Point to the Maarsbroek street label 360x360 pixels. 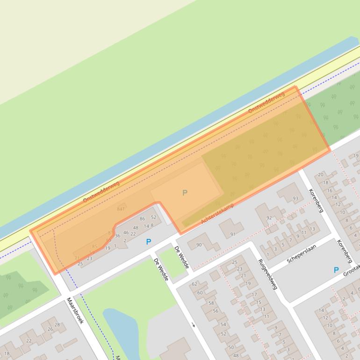75,310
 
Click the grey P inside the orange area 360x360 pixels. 185,193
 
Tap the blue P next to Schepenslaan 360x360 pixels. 336,270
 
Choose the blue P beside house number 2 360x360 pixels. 149,242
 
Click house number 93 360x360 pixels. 295,199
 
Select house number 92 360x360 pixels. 269,218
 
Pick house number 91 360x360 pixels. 232,234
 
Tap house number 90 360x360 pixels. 199,245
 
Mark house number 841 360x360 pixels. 121,209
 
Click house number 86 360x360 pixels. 142,218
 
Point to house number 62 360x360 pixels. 194,284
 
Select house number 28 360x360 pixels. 57,324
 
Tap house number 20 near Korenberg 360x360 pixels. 320,175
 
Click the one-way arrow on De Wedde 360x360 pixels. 193,324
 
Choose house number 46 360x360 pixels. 126,232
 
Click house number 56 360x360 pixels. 216,311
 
